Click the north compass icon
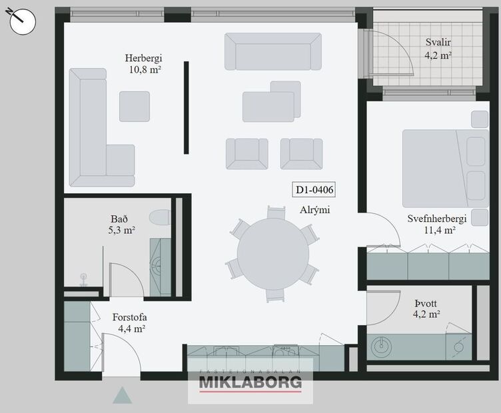click(x=23, y=21)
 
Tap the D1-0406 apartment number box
click(x=314, y=191)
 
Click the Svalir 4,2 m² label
click(x=438, y=49)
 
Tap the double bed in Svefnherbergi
click(x=444, y=168)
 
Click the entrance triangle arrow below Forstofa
click(x=122, y=396)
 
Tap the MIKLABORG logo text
click(x=250, y=383)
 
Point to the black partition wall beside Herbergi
click(x=186, y=108)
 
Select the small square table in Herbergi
click(x=134, y=106)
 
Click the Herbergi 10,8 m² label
click(x=144, y=63)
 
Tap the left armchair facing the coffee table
click(x=247, y=153)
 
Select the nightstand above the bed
click(x=479, y=119)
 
